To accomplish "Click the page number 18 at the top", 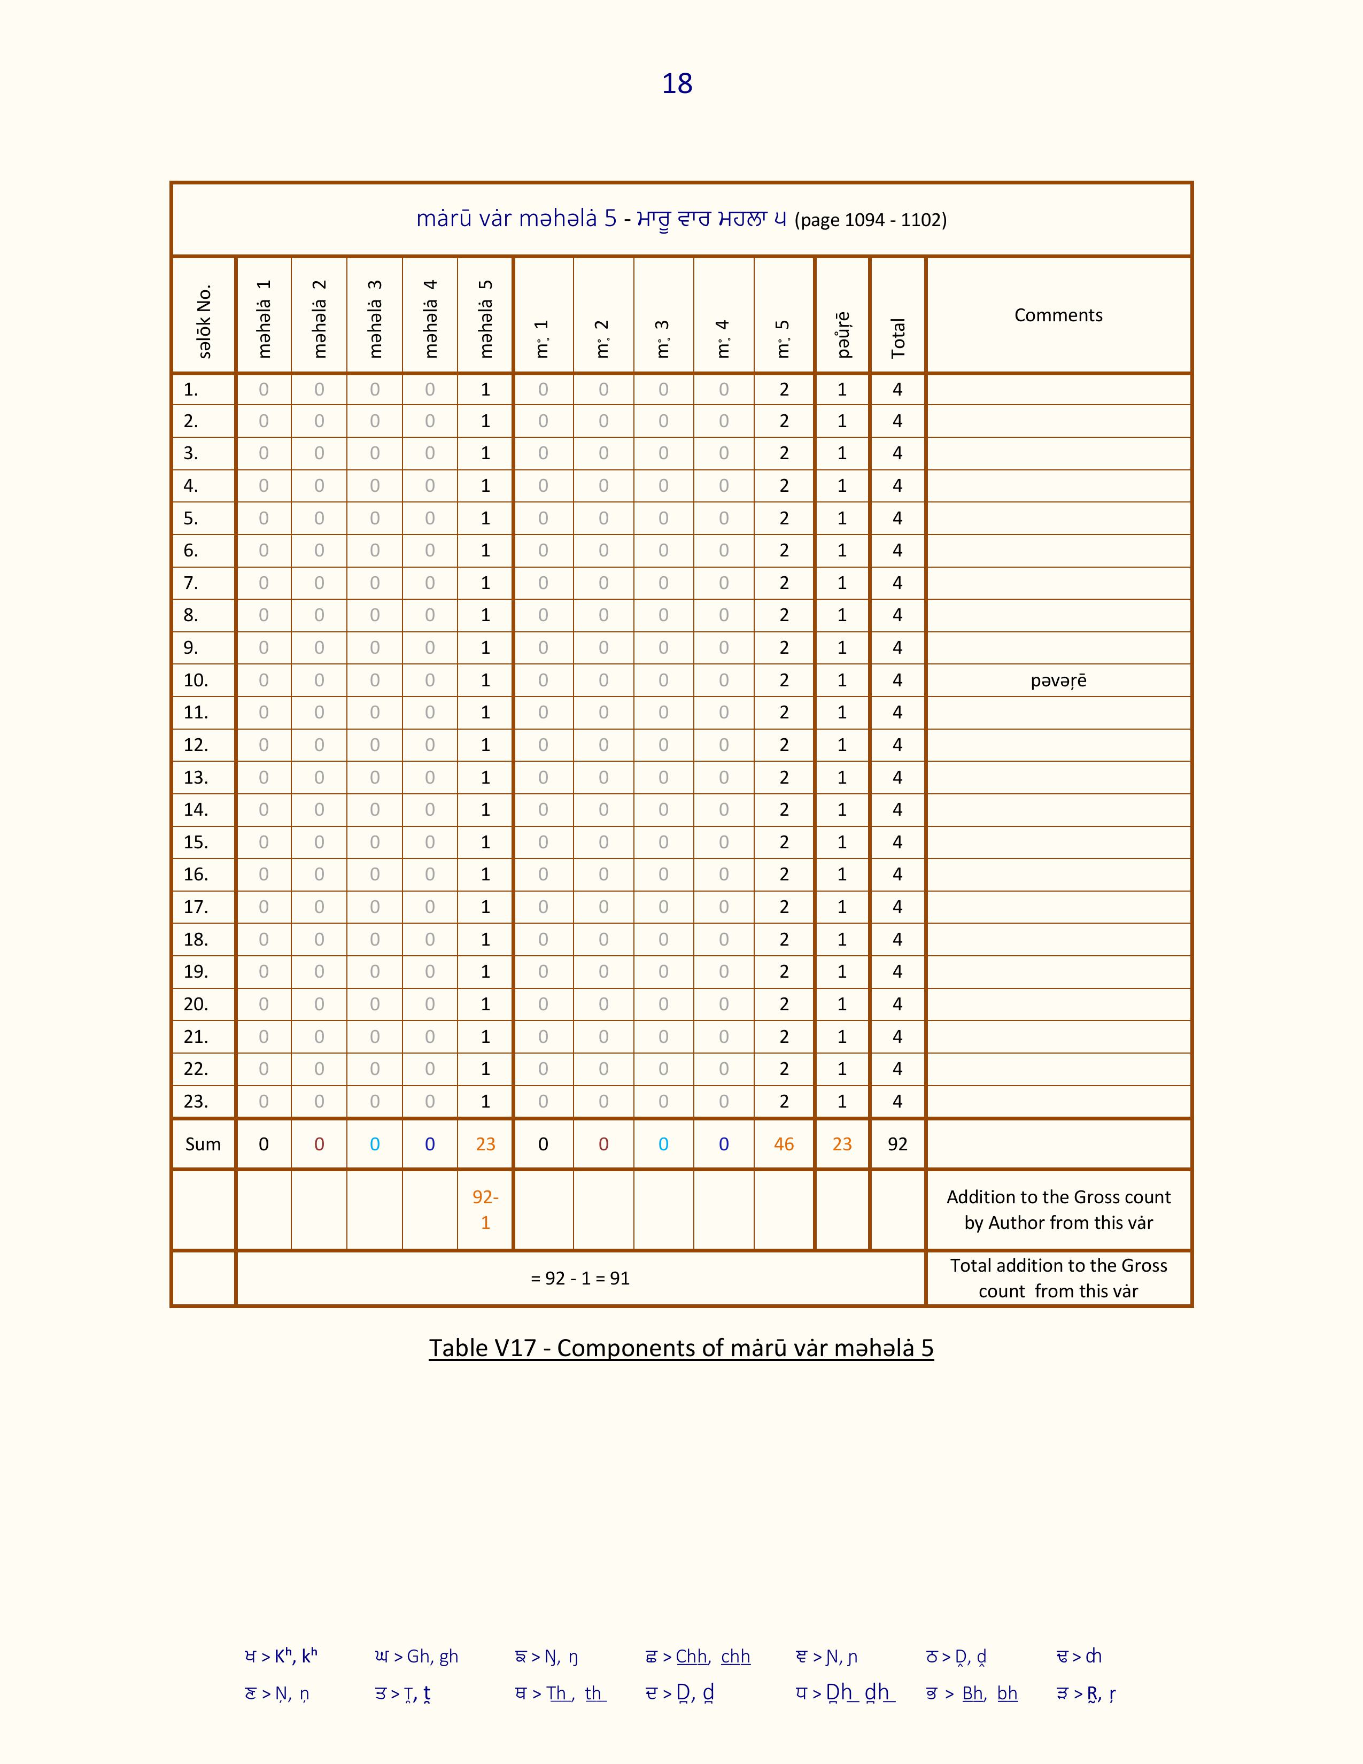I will (x=677, y=84).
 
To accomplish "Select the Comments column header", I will (x=1058, y=315).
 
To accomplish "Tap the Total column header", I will (x=898, y=338).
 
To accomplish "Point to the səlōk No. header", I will (x=204, y=321).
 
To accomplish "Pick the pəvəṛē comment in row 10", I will (x=1058, y=681).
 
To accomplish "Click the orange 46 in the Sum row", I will (x=783, y=1144).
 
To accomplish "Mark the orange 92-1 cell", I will (x=485, y=1210).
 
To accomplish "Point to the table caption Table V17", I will (x=680, y=1348).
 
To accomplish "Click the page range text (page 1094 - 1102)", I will (x=870, y=220).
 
